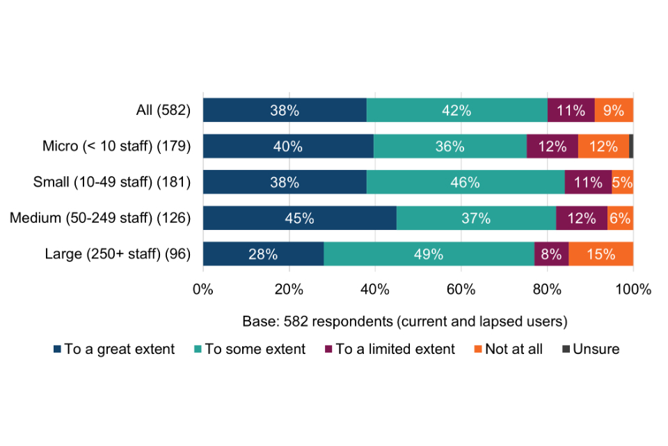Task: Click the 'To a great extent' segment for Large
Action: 263,254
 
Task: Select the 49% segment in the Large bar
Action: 429,254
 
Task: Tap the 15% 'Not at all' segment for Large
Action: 601,254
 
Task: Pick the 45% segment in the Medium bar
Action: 299,218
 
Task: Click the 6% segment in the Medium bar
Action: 620,218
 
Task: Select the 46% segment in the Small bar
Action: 466,183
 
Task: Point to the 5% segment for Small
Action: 622,183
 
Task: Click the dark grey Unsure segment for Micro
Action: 631,146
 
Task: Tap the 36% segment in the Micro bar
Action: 450,146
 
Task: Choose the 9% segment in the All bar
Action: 614,110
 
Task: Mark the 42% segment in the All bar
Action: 457,110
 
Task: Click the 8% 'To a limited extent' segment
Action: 551,254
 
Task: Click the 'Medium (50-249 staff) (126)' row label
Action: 100,218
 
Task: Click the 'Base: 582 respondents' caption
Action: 405,322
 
